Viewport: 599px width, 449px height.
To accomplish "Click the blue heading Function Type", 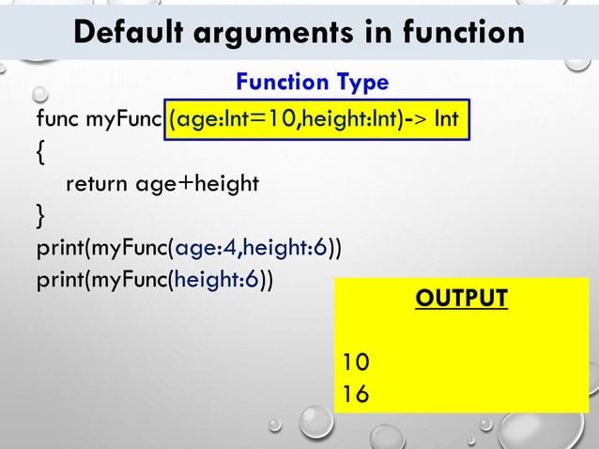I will click(x=312, y=84).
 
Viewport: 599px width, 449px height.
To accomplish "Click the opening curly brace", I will click(x=40, y=153).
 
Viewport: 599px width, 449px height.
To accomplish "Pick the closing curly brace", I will click(x=40, y=217).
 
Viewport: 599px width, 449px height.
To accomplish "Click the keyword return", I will click(x=98, y=184).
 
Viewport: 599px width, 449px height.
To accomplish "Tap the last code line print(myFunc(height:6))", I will click(x=155, y=280).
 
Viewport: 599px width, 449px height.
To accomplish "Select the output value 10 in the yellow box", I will click(x=356, y=362).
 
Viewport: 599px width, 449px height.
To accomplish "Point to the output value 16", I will click(x=356, y=395).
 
